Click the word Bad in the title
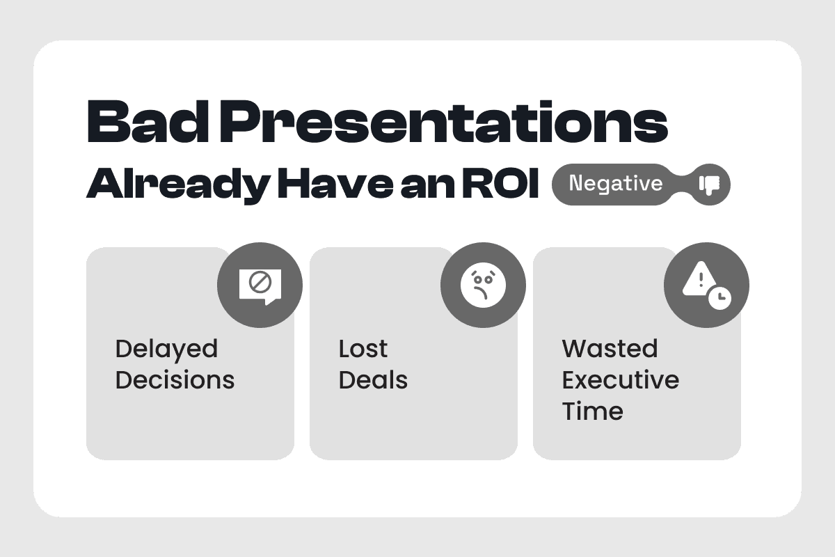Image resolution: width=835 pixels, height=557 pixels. click(148, 121)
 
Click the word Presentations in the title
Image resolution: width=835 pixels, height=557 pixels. click(444, 122)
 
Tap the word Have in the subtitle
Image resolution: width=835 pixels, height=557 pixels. click(335, 184)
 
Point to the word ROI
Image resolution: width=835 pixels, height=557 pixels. click(500, 183)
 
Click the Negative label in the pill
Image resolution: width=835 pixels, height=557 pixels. click(616, 184)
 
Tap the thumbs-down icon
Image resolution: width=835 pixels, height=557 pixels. click(709, 185)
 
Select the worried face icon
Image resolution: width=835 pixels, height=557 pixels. click(483, 285)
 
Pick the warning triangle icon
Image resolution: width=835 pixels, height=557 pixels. click(699, 280)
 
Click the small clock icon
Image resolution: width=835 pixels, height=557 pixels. click(719, 298)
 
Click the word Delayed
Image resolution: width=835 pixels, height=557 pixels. click(166, 350)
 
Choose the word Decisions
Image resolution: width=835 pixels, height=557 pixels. click(175, 380)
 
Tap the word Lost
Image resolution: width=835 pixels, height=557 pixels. click(363, 350)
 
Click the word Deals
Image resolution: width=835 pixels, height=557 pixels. click(373, 380)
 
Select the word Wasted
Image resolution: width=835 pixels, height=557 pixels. click(610, 350)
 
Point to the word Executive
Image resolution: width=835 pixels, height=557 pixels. click(621, 380)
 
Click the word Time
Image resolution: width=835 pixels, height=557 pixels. click(593, 411)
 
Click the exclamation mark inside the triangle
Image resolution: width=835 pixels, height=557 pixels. click(701, 280)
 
